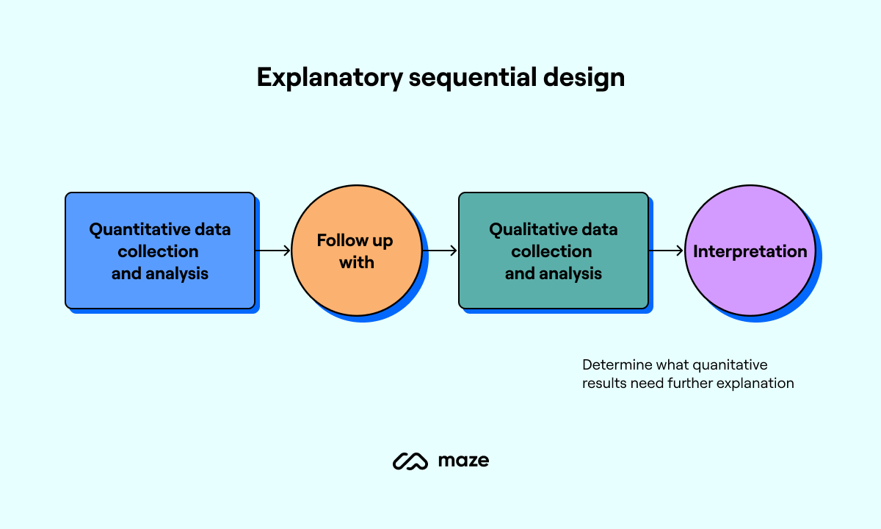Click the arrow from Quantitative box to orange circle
[273, 251]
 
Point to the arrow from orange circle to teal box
[440, 251]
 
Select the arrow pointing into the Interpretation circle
[667, 251]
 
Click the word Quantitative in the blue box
[133, 230]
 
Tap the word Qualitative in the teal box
[523, 230]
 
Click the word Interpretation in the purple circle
[750, 251]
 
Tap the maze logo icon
[410, 461]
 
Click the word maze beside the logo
[463, 461]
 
